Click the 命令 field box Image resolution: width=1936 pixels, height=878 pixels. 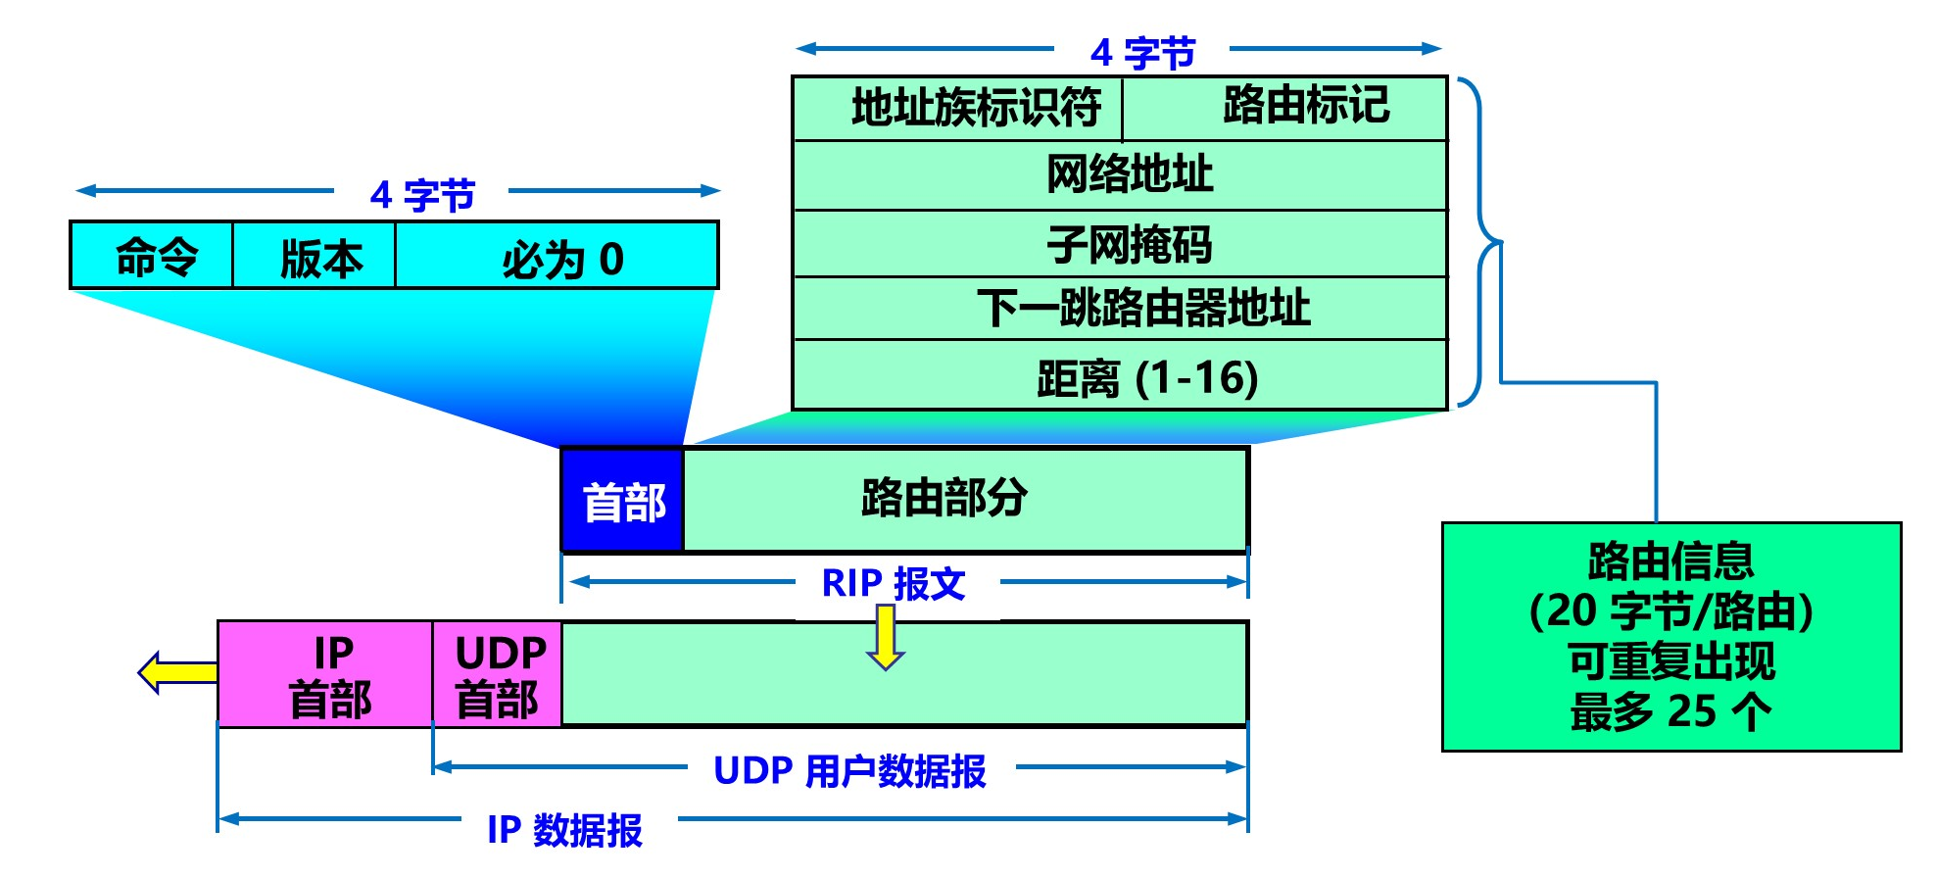pyautogui.click(x=152, y=256)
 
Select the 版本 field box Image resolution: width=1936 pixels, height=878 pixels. pyautogui.click(x=315, y=256)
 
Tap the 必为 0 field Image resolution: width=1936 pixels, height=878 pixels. pyautogui.click(x=557, y=256)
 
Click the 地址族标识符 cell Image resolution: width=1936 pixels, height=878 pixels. pyautogui.click(x=958, y=108)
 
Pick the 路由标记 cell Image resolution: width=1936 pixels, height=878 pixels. pyautogui.click(x=1285, y=108)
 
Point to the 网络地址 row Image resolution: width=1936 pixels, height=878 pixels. pyautogui.click(x=1120, y=175)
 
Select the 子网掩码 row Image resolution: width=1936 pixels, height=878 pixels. pyautogui.click(x=1120, y=244)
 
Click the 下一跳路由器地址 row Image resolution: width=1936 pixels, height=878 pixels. pyautogui.click(x=1120, y=309)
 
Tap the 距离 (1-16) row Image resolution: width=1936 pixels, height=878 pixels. pyautogui.click(x=1120, y=376)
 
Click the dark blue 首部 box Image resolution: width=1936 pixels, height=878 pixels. pyautogui.click(x=623, y=501)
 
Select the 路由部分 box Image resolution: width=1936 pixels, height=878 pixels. pyautogui.click(x=965, y=499)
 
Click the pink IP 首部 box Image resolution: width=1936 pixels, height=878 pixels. pyautogui.click(x=325, y=674)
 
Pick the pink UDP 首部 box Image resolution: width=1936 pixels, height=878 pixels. pyautogui.click(x=497, y=674)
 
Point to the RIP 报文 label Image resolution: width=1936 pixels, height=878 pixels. pyautogui.click(x=894, y=584)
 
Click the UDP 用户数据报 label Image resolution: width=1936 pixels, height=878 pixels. pyautogui.click(x=849, y=771)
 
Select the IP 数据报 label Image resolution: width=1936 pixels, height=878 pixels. pyautogui.click(x=565, y=829)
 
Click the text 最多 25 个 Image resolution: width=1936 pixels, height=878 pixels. pyautogui.click(x=1670, y=711)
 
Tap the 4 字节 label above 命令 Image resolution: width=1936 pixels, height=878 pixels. pyautogui.click(x=422, y=195)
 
